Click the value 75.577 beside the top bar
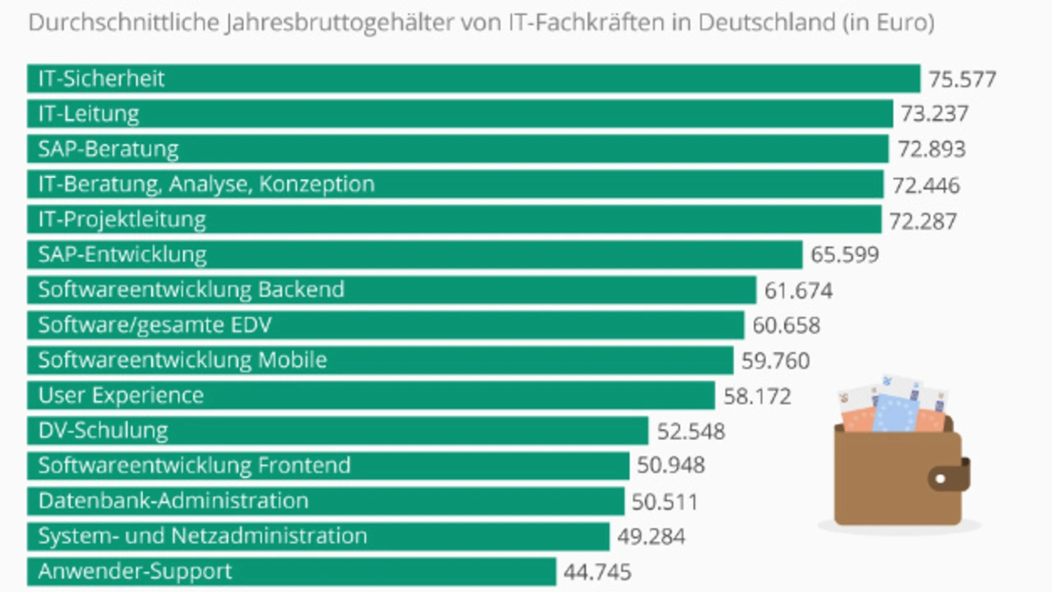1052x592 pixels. click(x=962, y=80)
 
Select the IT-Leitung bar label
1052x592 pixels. click(x=89, y=113)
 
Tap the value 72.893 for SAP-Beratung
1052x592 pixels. click(x=931, y=149)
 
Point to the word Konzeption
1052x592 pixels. click(x=316, y=184)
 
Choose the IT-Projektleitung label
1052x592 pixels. click(x=122, y=219)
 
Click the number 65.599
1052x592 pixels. click(x=844, y=255)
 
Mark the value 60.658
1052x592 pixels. click(x=786, y=326)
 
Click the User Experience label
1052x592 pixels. click(x=121, y=396)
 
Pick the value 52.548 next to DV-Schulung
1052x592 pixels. click(x=690, y=431)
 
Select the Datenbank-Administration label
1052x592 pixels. click(x=173, y=501)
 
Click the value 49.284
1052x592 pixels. click(x=650, y=537)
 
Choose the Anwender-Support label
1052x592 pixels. click(x=135, y=571)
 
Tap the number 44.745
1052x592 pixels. click(x=597, y=572)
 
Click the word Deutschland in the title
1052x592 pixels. click(x=766, y=23)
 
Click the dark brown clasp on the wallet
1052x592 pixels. click(x=953, y=475)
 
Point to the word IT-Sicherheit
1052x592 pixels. click(x=101, y=79)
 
